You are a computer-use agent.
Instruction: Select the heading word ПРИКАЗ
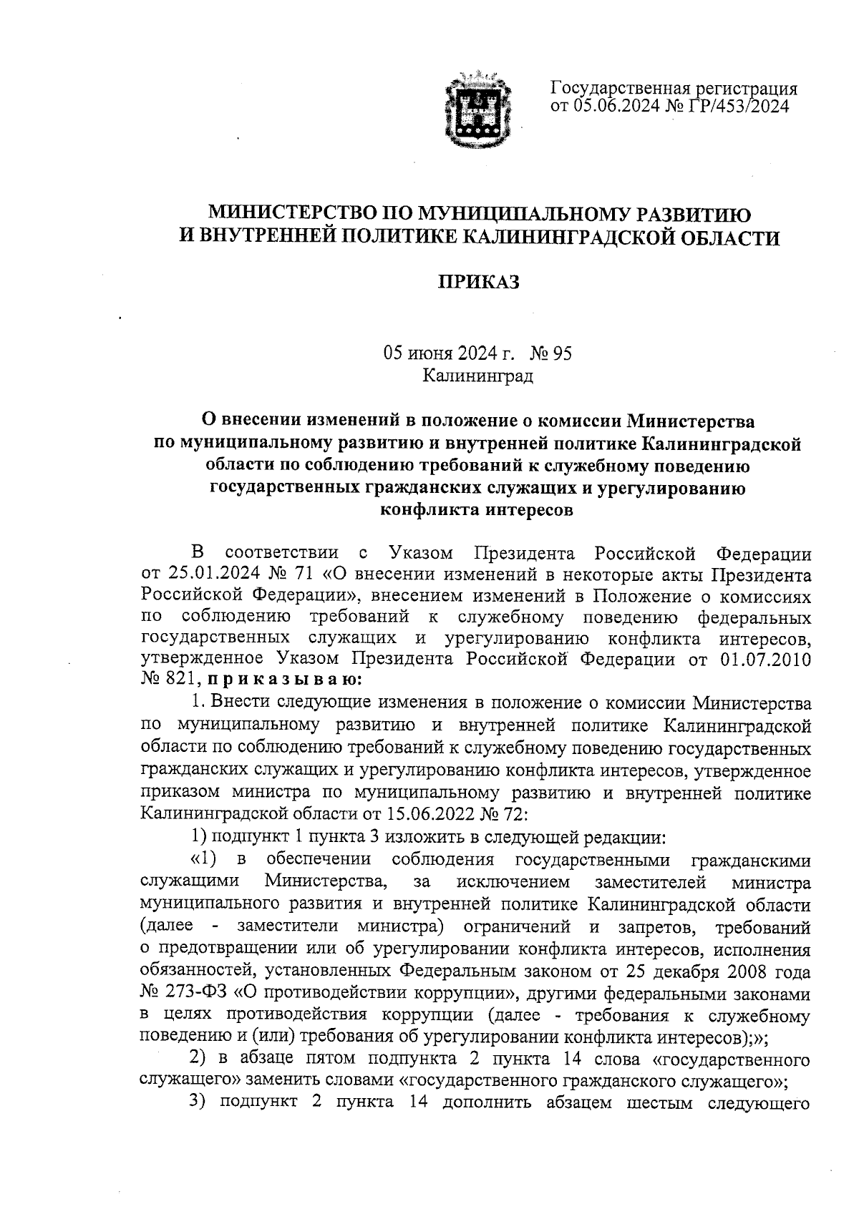[478, 283]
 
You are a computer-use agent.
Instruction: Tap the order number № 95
[551, 353]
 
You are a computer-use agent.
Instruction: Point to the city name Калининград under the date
[478, 375]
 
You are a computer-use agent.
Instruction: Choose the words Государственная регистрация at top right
[673, 89]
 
